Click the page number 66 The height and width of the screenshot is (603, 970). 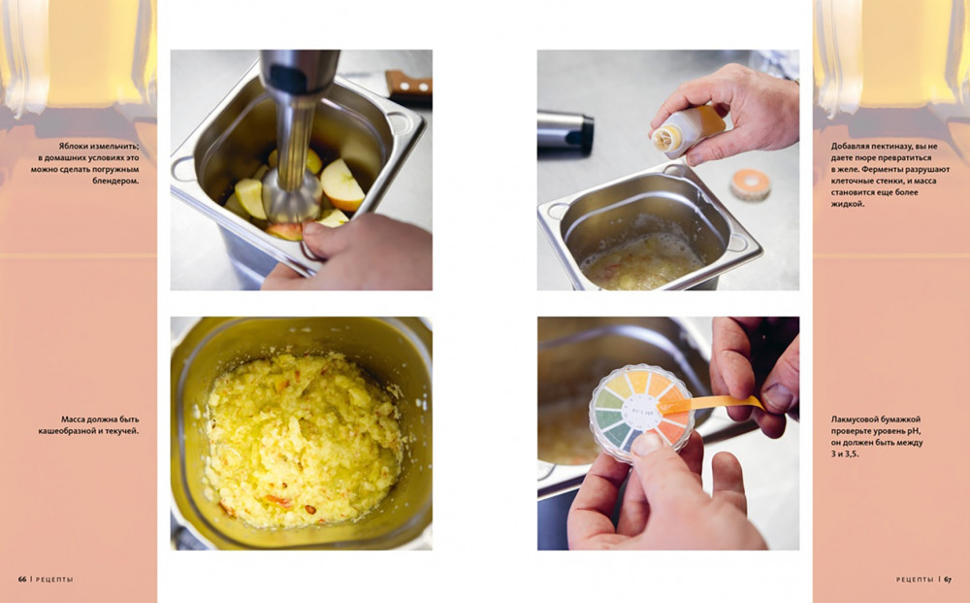pyautogui.click(x=21, y=580)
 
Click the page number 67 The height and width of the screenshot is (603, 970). pyautogui.click(x=948, y=580)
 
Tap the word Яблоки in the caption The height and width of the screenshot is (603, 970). pyautogui.click(x=75, y=146)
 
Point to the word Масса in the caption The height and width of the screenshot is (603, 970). pyautogui.click(x=74, y=419)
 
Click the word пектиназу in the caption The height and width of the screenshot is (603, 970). pyautogui.click(x=897, y=146)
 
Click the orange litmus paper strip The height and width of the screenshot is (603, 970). pyautogui.click(x=710, y=404)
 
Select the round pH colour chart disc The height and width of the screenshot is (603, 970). pyautogui.click(x=641, y=413)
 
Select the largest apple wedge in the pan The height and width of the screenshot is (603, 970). pyautogui.click(x=342, y=184)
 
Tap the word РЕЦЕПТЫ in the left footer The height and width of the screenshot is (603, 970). pyautogui.click(x=54, y=580)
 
